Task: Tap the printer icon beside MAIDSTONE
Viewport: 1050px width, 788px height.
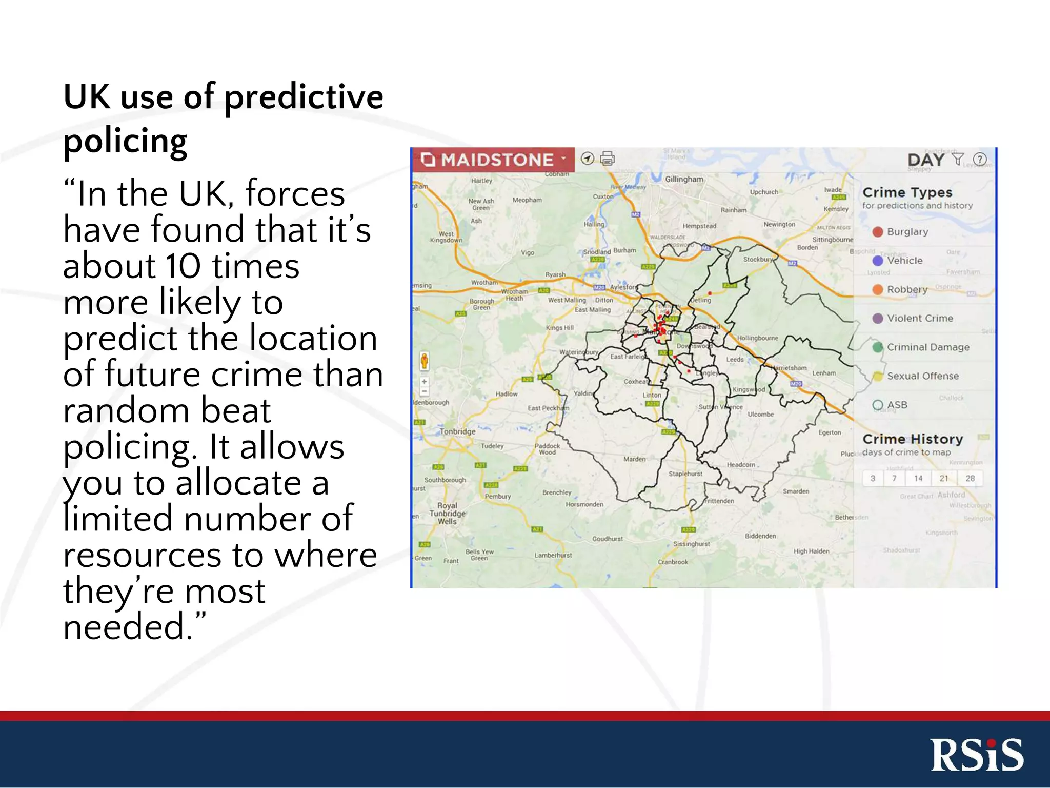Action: (607, 159)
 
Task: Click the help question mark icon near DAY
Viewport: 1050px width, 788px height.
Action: (979, 160)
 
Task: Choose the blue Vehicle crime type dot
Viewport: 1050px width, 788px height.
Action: (878, 261)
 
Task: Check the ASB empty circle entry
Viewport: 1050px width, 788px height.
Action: (878, 405)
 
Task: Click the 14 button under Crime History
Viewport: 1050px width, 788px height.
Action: (918, 478)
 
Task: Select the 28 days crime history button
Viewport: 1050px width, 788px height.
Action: (970, 478)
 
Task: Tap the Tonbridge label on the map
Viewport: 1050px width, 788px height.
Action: (457, 431)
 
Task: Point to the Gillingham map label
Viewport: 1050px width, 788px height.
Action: (684, 179)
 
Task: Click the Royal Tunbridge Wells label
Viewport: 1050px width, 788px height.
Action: (447, 513)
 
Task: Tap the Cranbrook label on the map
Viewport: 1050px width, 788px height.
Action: (673, 562)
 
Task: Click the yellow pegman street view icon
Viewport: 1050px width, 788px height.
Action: (425, 361)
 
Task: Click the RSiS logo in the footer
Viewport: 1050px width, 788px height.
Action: (977, 755)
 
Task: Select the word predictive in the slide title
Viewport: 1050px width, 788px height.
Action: (304, 96)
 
